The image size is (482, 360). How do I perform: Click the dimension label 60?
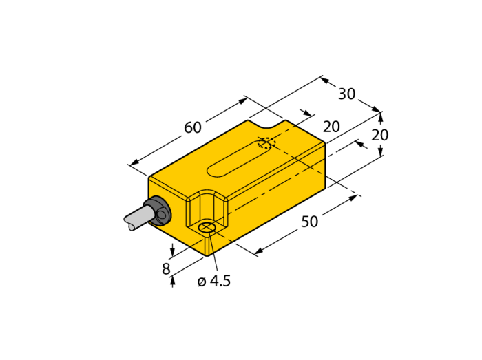pos(193,127)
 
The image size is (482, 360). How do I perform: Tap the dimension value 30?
pos(347,94)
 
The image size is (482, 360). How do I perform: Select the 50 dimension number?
pos(309,222)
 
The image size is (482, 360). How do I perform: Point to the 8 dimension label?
pos(166,268)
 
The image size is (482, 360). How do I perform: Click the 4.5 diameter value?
pos(220,281)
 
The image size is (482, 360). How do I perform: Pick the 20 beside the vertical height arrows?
pos(380,135)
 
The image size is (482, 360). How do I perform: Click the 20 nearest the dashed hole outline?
pos(331,127)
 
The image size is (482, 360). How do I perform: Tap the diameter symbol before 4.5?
pos(202,282)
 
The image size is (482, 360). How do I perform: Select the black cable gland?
pos(158,211)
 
